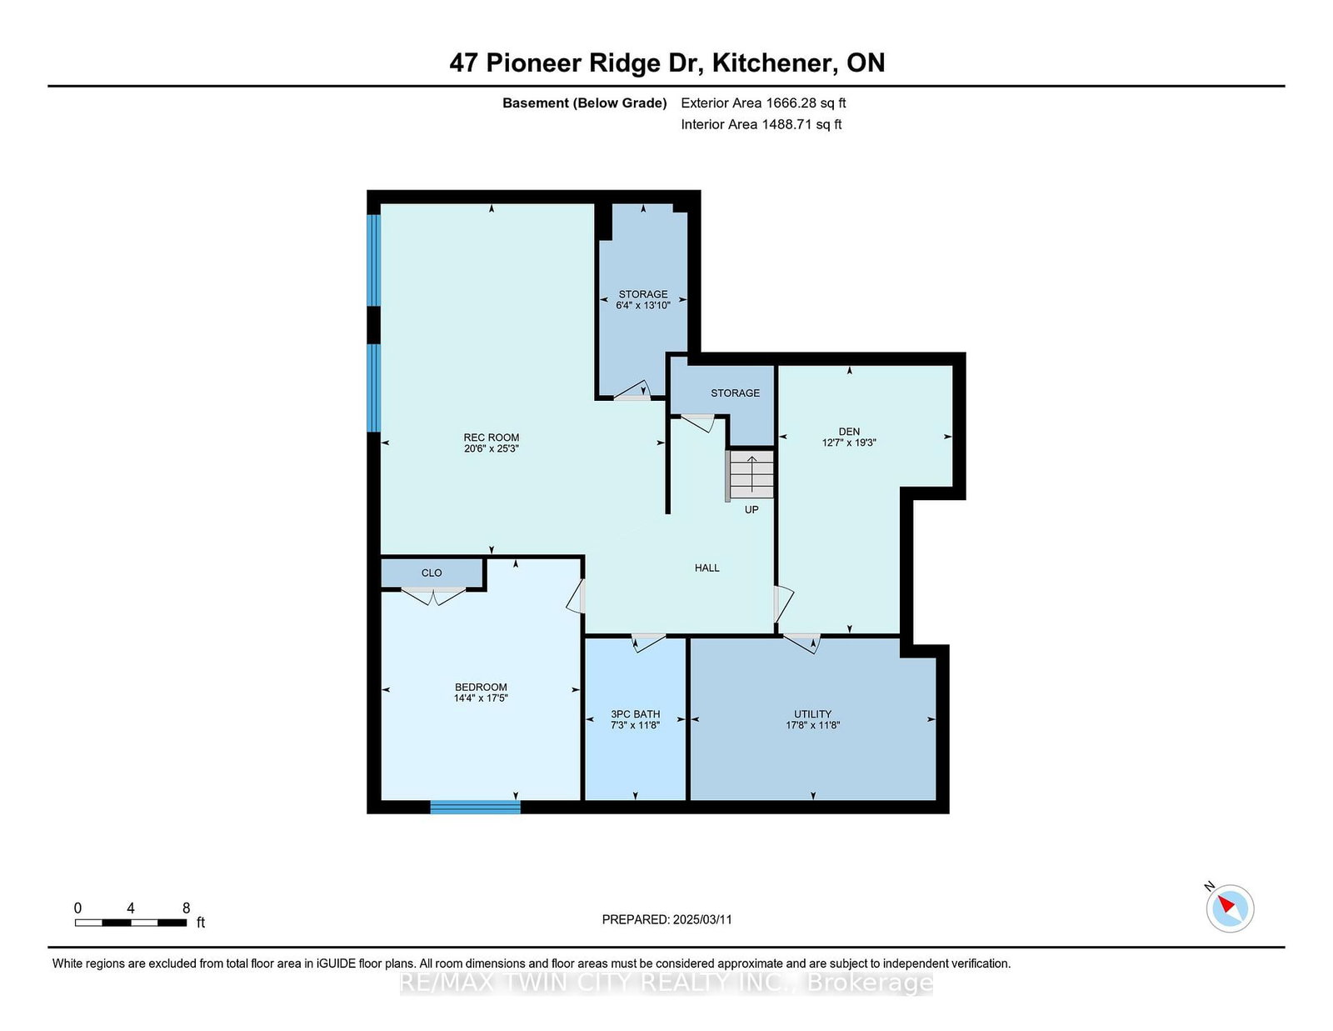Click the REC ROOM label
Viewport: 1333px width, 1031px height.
491,438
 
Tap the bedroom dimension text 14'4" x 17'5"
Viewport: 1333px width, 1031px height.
481,698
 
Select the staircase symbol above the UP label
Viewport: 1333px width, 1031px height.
751,474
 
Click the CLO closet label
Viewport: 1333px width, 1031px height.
432,573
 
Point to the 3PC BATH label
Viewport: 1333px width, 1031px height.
635,714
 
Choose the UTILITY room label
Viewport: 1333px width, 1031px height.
812,714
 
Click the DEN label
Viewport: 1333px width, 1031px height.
849,432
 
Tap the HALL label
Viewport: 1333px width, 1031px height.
706,568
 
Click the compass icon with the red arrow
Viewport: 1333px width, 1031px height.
1230,908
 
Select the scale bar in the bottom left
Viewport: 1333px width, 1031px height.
131,923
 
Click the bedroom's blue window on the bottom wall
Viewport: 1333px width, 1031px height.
475,806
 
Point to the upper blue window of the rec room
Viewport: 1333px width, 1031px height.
374,260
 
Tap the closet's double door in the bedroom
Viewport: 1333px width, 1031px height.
433,595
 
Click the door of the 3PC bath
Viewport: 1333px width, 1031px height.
647,642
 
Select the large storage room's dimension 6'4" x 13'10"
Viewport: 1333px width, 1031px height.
643,306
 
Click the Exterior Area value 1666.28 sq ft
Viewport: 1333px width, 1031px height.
804,103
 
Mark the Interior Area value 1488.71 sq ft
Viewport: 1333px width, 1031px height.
801,124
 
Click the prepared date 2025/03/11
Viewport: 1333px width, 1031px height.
701,919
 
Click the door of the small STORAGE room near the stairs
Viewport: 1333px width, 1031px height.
698,422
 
